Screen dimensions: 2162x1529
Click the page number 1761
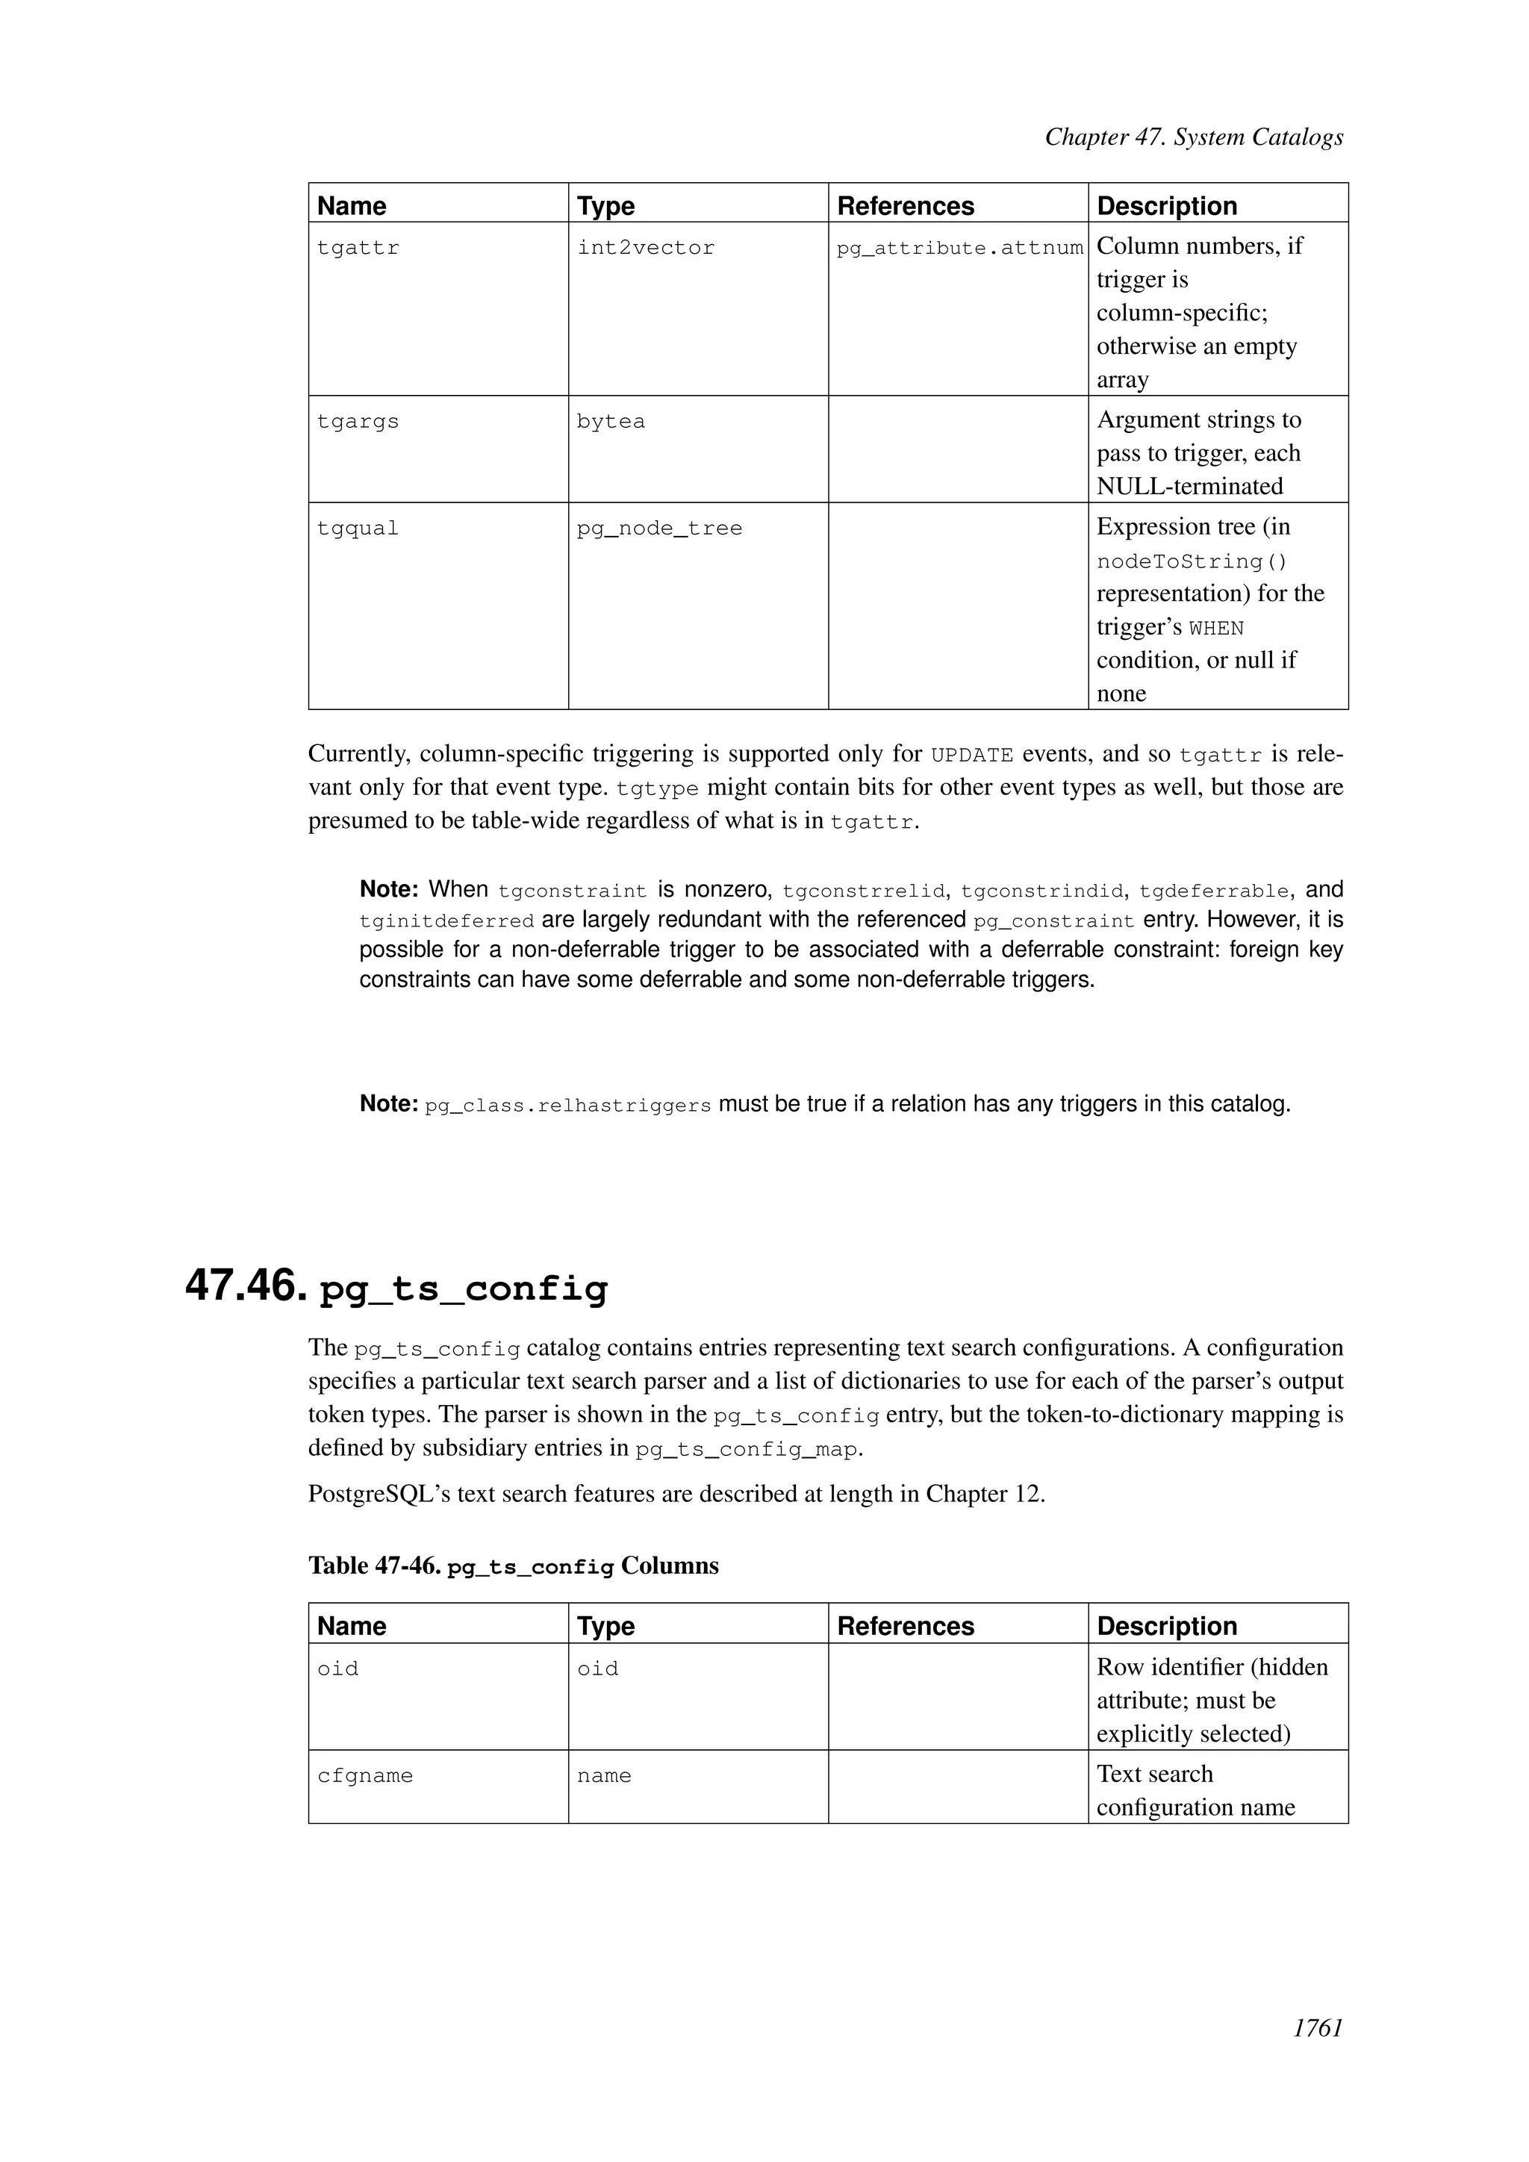coord(1317,2054)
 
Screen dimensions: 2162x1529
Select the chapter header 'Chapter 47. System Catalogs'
coord(1194,137)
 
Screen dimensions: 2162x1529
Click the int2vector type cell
coord(646,248)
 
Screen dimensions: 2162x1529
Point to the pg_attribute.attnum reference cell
coord(959,248)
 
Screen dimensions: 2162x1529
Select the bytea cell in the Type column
coord(611,421)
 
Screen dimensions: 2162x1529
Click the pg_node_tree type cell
coord(659,529)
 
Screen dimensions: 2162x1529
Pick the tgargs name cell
coord(358,421)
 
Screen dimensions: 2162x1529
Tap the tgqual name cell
coord(358,529)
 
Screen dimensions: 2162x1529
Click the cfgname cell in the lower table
coord(365,1776)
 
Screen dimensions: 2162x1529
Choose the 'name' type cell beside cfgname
coord(603,1776)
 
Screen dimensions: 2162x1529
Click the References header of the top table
coord(906,205)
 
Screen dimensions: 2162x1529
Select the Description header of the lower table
coord(1166,1626)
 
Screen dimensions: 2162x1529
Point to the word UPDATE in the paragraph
coord(971,756)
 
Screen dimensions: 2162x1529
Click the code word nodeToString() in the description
coord(1192,561)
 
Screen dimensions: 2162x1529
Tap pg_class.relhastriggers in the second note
coord(567,1106)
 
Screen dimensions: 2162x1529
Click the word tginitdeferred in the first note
coord(446,920)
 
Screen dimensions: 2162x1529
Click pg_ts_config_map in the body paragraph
coord(747,1449)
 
